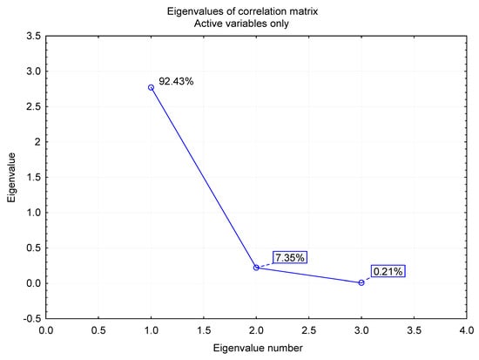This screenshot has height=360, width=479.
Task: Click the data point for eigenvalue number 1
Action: tap(152, 87)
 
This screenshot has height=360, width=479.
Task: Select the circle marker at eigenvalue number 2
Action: tap(256, 267)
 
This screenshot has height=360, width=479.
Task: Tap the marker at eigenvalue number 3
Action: tap(361, 282)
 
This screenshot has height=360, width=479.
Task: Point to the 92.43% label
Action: tap(176, 81)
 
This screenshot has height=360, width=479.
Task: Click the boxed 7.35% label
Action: tap(290, 257)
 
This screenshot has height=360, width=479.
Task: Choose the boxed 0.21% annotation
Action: tap(388, 271)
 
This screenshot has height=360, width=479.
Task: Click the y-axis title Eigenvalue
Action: tap(12, 177)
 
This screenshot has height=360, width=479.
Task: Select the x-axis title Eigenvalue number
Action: tap(256, 348)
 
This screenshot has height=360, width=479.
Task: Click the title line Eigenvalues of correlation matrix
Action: tap(256, 10)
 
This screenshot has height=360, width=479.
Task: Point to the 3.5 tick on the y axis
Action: tap(30, 36)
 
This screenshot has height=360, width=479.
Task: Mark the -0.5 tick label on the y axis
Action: tap(29, 318)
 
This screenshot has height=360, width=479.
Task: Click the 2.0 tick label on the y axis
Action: tap(30, 141)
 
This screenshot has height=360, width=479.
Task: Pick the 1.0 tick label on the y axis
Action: tap(30, 212)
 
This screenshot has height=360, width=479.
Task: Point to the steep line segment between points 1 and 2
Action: tap(204, 177)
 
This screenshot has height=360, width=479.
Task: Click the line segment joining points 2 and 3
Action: tap(309, 275)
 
